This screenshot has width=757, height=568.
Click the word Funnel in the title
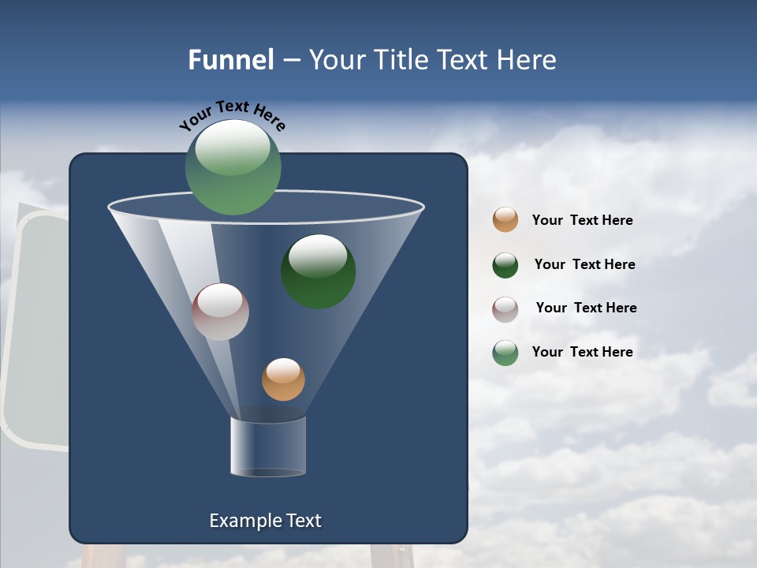[x=230, y=60]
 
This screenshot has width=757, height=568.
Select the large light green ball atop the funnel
[x=233, y=166]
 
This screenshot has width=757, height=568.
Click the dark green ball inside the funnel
[x=319, y=271]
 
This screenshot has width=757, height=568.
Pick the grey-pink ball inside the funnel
[x=220, y=312]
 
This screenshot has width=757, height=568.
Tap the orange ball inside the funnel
[x=283, y=379]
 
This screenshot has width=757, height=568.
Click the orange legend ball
[x=505, y=220]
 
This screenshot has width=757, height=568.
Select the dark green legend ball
[x=505, y=265]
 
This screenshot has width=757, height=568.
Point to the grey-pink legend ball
[x=505, y=309]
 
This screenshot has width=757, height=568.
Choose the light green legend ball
[x=505, y=353]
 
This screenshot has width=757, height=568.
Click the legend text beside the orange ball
[x=582, y=221]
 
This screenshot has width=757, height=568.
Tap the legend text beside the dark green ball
[x=584, y=265]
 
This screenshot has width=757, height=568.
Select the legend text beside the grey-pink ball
[x=586, y=308]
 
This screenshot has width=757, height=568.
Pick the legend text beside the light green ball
[x=582, y=352]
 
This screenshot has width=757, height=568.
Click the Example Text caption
[x=265, y=521]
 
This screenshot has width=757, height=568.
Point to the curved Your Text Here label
[x=232, y=114]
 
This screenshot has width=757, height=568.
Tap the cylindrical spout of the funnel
[x=268, y=447]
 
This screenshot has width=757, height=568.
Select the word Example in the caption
[x=244, y=521]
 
